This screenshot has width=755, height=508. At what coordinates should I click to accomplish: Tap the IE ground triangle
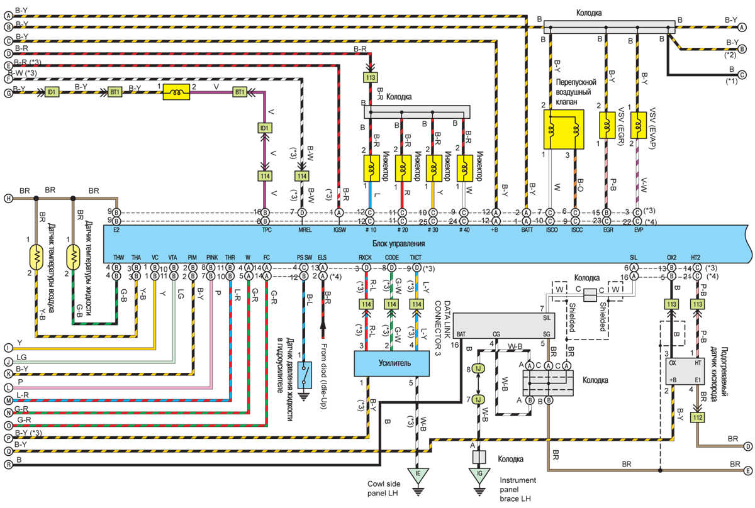(x=417, y=474)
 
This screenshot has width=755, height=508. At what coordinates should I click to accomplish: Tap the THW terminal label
(x=118, y=258)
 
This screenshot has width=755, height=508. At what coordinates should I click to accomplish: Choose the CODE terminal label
(x=391, y=258)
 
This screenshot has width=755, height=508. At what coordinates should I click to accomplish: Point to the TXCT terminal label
(x=416, y=258)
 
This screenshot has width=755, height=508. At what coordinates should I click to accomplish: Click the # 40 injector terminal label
(x=464, y=231)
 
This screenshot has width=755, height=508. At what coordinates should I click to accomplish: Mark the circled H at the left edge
(x=9, y=199)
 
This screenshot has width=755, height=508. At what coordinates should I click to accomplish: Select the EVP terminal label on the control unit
(x=637, y=231)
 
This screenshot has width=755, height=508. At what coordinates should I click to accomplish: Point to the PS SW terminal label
(x=304, y=258)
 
